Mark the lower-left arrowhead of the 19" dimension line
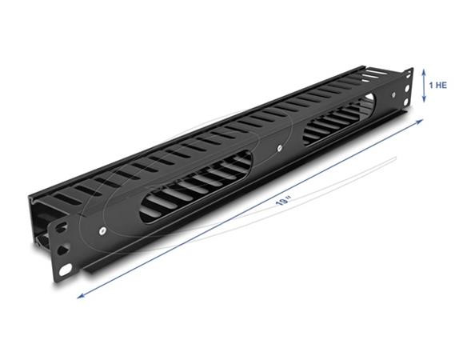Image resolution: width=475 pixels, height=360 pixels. pos(78,296)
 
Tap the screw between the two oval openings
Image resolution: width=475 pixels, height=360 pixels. pos(277,149)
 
